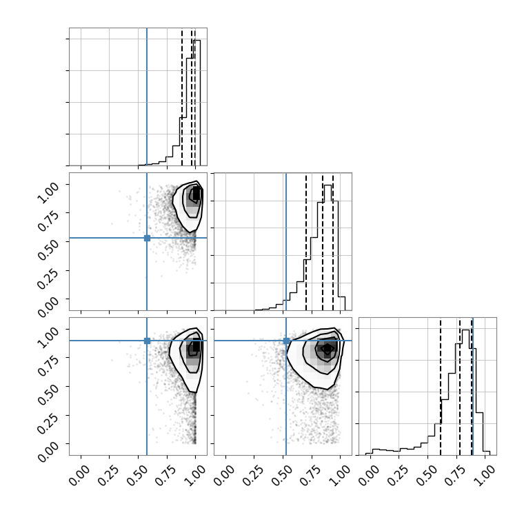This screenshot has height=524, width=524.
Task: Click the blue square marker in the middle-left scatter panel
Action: (x=147, y=238)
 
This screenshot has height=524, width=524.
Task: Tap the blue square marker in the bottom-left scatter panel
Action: (x=147, y=341)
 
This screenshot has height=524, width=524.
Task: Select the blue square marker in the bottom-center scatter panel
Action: (x=286, y=341)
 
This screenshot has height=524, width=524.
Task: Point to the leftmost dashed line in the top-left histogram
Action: (x=182, y=97)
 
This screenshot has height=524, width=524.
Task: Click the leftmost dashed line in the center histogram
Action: (x=305, y=241)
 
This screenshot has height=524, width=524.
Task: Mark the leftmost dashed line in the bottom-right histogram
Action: (x=441, y=386)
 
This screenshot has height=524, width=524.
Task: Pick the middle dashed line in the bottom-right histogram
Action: (x=460, y=386)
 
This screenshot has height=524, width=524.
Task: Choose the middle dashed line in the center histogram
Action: (x=323, y=241)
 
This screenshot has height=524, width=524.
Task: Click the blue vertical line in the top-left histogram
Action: (x=147, y=97)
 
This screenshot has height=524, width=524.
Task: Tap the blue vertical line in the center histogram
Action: (x=286, y=241)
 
